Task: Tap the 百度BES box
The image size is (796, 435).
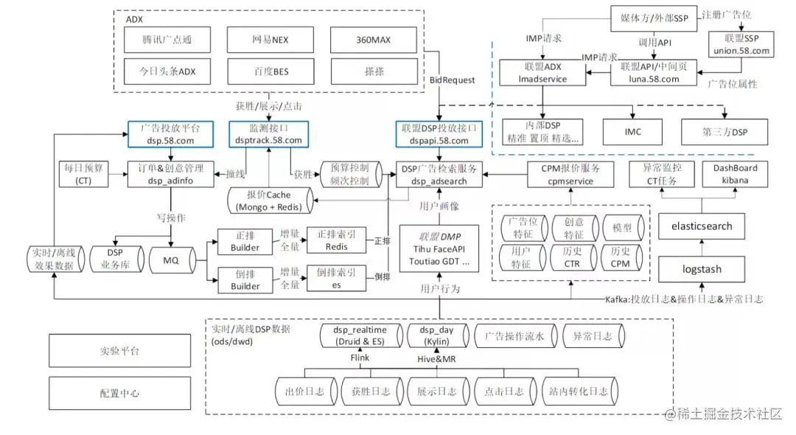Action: [x=270, y=72]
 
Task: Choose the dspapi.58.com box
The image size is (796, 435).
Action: [x=439, y=133]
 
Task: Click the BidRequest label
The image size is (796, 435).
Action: [x=453, y=79]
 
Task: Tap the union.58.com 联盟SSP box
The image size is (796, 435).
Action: [x=740, y=44]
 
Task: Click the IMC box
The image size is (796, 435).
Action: [x=632, y=132]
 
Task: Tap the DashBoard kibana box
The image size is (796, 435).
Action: [x=730, y=174]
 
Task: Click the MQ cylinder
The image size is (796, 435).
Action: [x=171, y=260]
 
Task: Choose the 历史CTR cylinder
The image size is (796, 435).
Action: [x=573, y=257]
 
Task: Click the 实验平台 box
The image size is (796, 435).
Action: [x=119, y=350]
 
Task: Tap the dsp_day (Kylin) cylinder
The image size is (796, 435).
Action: [x=437, y=336]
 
